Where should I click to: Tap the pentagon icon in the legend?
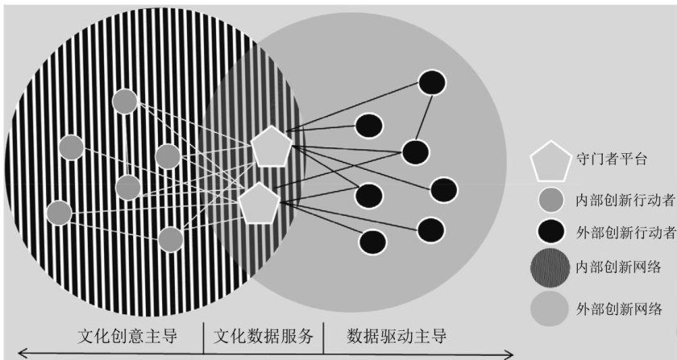550,160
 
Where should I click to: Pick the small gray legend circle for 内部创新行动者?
550,199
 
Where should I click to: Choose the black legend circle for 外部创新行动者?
550,232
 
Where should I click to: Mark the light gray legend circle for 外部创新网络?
550,308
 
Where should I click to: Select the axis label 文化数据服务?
263,335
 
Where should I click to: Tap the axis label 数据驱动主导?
396,335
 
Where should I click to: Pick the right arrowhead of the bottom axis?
509,352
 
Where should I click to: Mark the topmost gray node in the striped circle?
125,101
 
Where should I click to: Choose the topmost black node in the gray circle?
433,82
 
